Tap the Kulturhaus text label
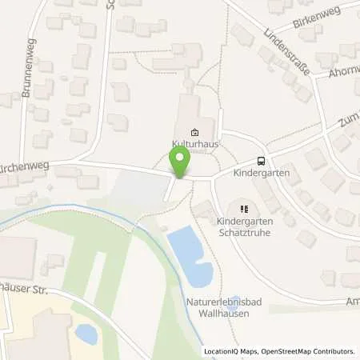tap(194, 144)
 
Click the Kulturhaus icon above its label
tap(194, 133)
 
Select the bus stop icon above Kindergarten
tap(261, 160)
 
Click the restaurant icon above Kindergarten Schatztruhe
tap(245, 209)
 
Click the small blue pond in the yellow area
tap(86, 334)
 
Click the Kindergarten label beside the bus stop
tap(262, 172)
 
